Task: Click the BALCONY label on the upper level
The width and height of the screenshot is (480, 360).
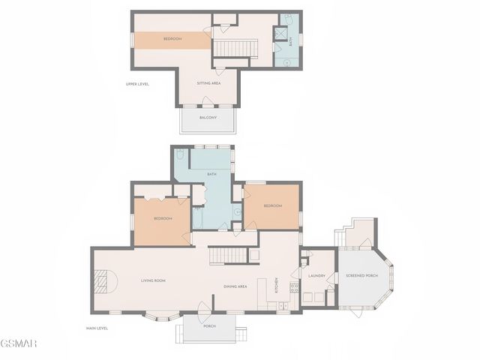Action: click(x=208, y=118)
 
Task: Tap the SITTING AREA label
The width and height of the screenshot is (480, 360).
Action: click(x=208, y=83)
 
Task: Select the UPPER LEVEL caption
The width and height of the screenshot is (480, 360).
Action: click(x=137, y=84)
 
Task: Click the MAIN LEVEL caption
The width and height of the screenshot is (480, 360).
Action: click(x=97, y=328)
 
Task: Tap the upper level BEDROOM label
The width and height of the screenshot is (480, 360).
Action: click(x=172, y=39)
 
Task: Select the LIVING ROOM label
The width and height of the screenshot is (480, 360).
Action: click(x=153, y=280)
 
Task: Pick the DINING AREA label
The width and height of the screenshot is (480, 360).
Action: click(x=235, y=286)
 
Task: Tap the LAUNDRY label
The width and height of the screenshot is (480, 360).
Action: click(x=316, y=275)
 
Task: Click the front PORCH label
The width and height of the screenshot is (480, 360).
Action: click(x=209, y=326)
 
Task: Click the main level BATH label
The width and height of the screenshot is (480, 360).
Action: click(x=212, y=174)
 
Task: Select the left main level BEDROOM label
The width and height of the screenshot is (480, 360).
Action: click(x=163, y=218)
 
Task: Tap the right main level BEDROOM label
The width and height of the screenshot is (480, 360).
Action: click(x=272, y=205)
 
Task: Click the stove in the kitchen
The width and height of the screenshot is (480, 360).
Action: click(x=295, y=287)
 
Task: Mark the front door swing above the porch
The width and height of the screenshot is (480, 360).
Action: click(x=203, y=307)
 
